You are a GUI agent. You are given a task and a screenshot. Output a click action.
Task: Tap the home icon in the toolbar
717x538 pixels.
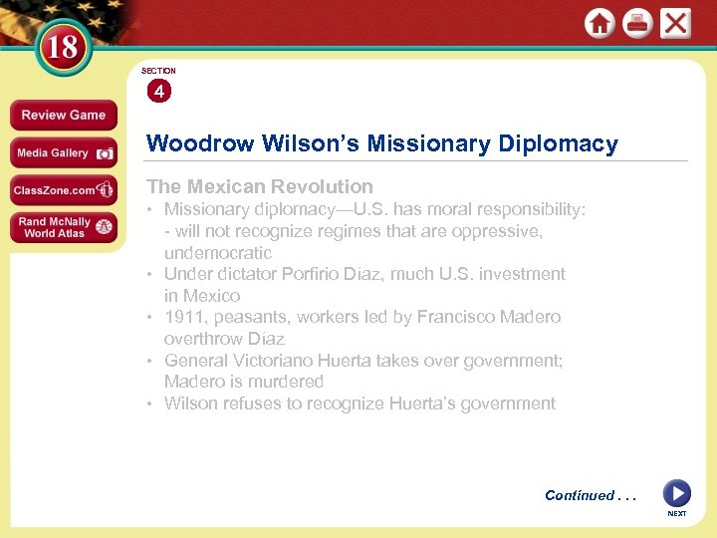tap(599, 24)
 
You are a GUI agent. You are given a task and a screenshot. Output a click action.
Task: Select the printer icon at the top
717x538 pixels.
tap(637, 24)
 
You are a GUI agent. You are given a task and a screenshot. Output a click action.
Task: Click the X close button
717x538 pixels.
tap(675, 23)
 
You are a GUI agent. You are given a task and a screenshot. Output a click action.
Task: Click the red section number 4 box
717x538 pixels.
tap(158, 92)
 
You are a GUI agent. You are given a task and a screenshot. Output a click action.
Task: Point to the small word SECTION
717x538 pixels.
tap(158, 71)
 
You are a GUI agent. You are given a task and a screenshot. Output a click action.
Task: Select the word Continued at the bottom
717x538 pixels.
tap(580, 495)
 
